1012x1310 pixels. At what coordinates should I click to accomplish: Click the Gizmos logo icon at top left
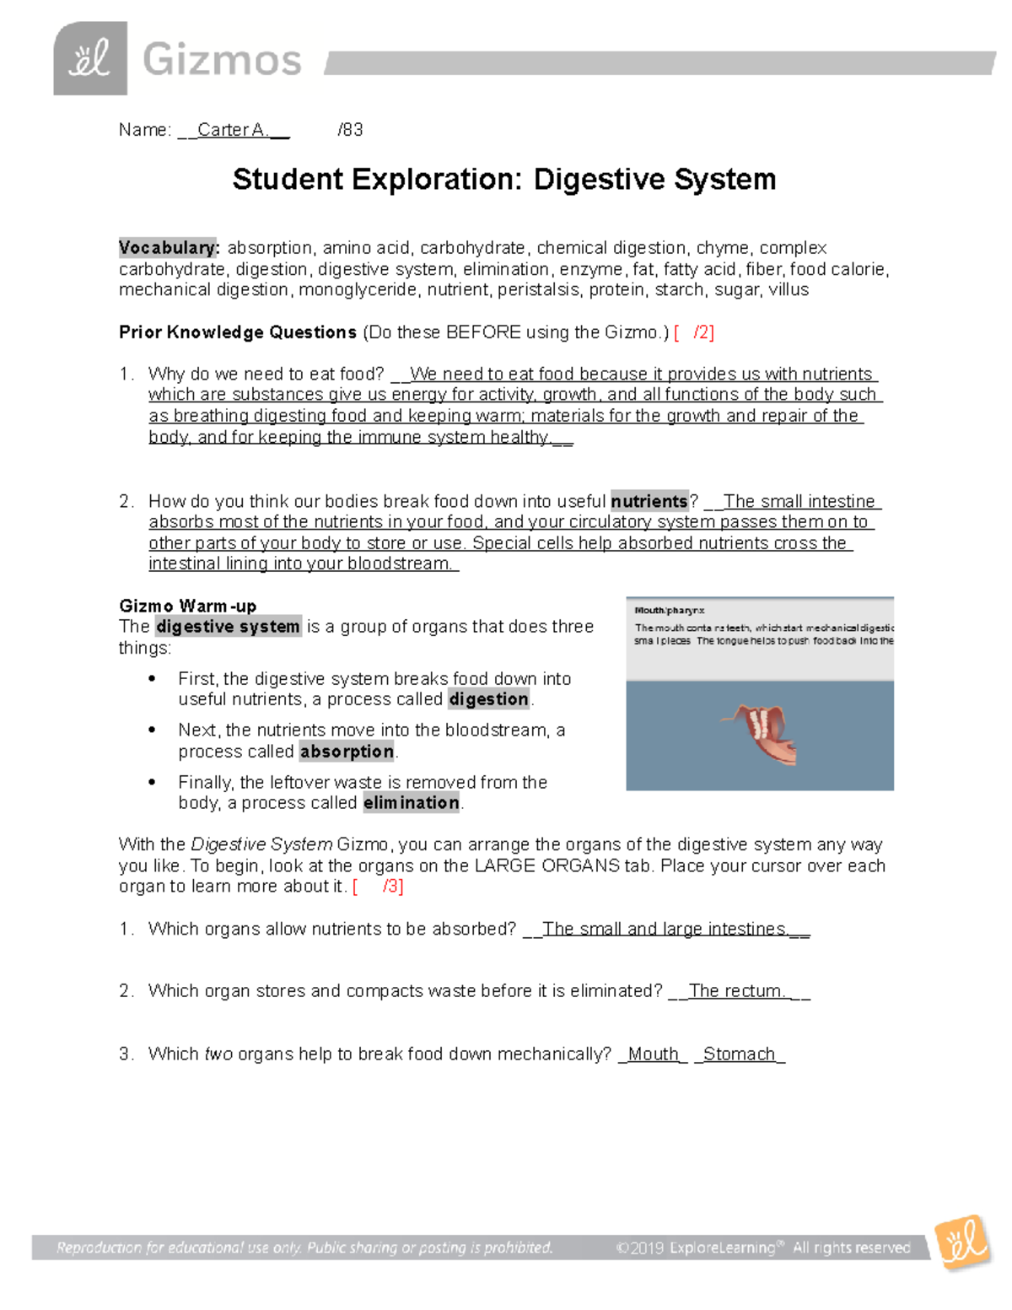tap(90, 58)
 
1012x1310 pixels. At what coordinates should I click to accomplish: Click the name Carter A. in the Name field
tap(233, 130)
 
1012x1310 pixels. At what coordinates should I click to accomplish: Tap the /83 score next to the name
tap(350, 130)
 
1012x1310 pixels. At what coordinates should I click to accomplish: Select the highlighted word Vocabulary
tap(169, 248)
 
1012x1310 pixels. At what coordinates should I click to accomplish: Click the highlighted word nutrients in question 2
tap(649, 501)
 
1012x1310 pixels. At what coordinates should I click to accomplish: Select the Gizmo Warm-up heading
tap(187, 606)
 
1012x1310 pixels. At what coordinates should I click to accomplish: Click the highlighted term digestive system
tap(228, 627)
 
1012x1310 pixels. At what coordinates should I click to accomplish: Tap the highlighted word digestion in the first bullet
tap(489, 699)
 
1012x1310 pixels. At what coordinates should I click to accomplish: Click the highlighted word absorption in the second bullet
tap(347, 752)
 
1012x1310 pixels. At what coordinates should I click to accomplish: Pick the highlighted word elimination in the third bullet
tap(412, 803)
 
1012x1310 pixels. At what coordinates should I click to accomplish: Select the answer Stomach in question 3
tap(739, 1054)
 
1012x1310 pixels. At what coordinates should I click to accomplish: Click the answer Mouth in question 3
tap(653, 1054)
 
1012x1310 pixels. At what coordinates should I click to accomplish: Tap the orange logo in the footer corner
tap(964, 1242)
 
